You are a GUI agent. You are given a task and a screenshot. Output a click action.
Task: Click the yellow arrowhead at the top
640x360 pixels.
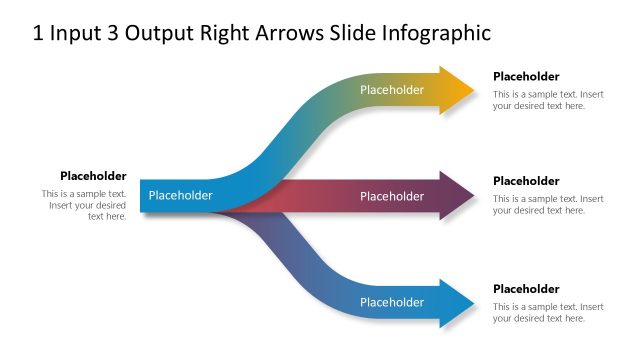(x=455, y=90)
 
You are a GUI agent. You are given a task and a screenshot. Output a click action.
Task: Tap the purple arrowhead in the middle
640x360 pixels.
(x=457, y=196)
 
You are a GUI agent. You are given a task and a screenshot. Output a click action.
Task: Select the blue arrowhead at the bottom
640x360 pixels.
(x=455, y=302)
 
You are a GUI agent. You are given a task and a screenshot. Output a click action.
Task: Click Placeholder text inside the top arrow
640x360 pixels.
(x=392, y=90)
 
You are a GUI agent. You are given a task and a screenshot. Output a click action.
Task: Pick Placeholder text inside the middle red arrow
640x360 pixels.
(x=392, y=196)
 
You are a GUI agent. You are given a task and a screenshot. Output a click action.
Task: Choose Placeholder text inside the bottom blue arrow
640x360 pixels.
(x=392, y=302)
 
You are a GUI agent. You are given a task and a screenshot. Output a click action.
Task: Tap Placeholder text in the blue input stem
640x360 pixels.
(x=180, y=195)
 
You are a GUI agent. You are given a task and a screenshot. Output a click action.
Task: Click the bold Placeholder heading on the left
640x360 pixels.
(x=93, y=176)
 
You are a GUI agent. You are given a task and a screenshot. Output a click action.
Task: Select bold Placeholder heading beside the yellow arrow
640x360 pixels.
(x=526, y=76)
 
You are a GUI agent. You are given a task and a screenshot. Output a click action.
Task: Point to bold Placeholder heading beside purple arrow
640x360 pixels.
(x=526, y=181)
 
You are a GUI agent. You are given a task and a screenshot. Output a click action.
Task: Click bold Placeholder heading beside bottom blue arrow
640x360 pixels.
(x=526, y=289)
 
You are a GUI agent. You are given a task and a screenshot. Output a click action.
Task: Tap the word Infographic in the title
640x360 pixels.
(x=437, y=34)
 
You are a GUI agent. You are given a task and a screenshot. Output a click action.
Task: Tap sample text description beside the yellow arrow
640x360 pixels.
(x=548, y=100)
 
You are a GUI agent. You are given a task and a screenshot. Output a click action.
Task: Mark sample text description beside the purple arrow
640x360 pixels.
(x=548, y=205)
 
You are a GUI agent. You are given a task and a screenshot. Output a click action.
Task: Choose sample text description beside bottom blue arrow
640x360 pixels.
(x=548, y=312)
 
